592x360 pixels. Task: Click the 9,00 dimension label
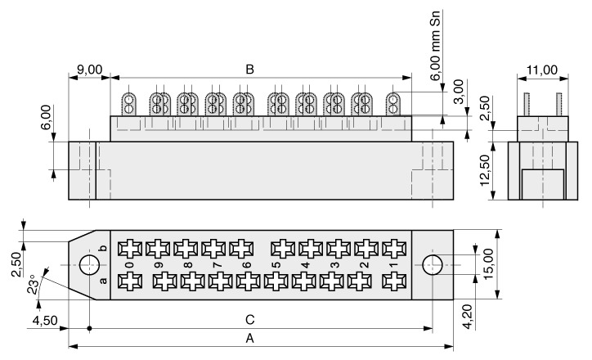tap(89, 70)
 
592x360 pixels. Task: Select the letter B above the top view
tap(249, 70)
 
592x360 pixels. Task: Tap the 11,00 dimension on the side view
tap(542, 70)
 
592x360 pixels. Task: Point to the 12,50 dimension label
tap(485, 170)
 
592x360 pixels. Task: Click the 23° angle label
tap(33, 284)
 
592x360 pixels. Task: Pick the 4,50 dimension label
tap(45, 321)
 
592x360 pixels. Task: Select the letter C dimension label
tap(250, 320)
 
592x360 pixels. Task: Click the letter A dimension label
tap(249, 339)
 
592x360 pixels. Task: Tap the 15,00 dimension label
tap(488, 263)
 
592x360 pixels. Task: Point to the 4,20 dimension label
tap(467, 317)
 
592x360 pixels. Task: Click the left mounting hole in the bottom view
tap(89, 265)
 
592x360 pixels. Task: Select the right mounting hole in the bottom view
tap(433, 265)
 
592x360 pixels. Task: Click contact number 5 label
tap(276, 265)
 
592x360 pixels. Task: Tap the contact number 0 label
tap(129, 265)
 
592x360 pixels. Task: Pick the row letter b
tap(103, 248)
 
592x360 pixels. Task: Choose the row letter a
tap(103, 281)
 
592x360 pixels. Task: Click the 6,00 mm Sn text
tap(435, 45)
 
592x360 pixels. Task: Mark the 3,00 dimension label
tap(459, 92)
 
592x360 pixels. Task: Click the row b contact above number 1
tap(394, 249)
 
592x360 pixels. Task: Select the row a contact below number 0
tap(130, 281)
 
